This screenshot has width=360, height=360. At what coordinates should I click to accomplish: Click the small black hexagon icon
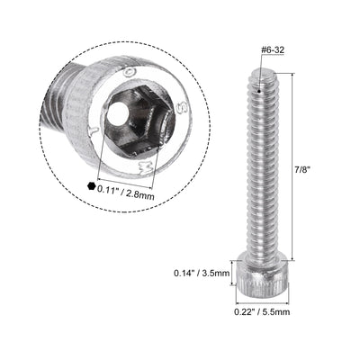click(x=91, y=186)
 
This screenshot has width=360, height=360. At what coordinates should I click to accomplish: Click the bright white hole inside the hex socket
click(x=116, y=117)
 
